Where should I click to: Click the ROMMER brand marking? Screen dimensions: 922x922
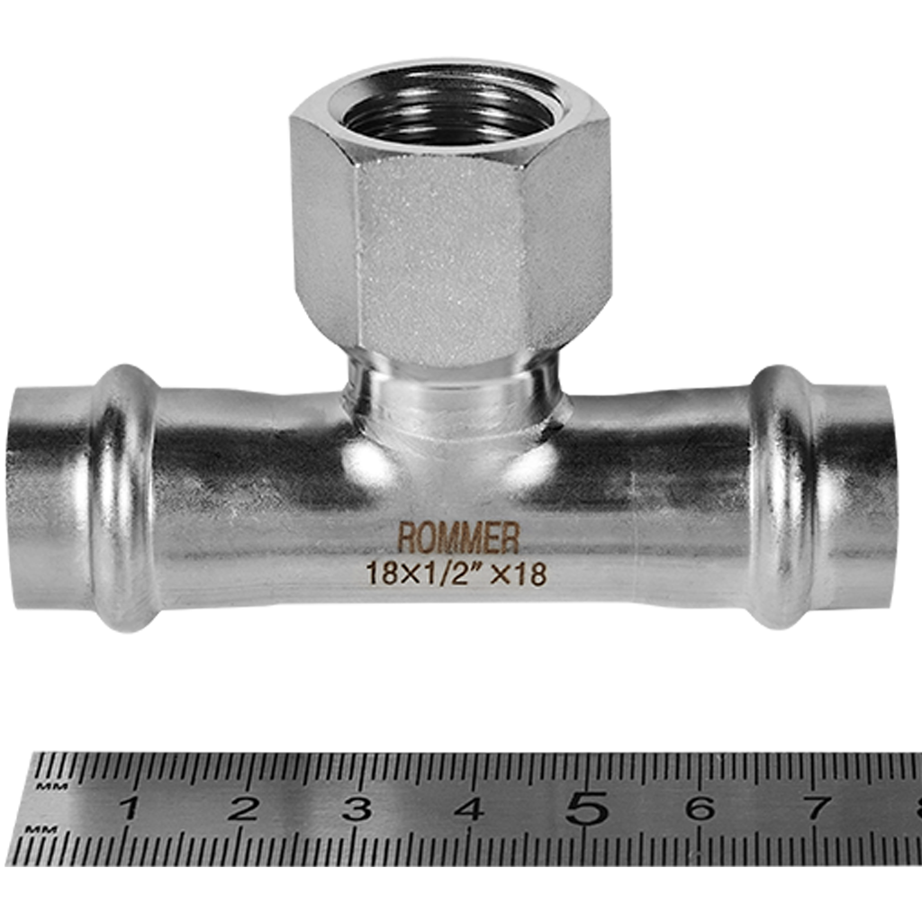pyautogui.click(x=458, y=538)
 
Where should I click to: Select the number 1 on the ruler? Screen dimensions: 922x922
pyautogui.click(x=130, y=808)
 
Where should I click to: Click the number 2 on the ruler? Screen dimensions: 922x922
pyautogui.click(x=243, y=808)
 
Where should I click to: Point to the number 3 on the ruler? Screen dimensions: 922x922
pyautogui.click(x=357, y=808)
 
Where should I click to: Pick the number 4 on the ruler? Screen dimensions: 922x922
pyautogui.click(x=470, y=808)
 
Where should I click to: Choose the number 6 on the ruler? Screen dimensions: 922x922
pyautogui.click(x=700, y=808)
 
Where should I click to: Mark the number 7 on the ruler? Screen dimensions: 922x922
pyautogui.click(x=814, y=808)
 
